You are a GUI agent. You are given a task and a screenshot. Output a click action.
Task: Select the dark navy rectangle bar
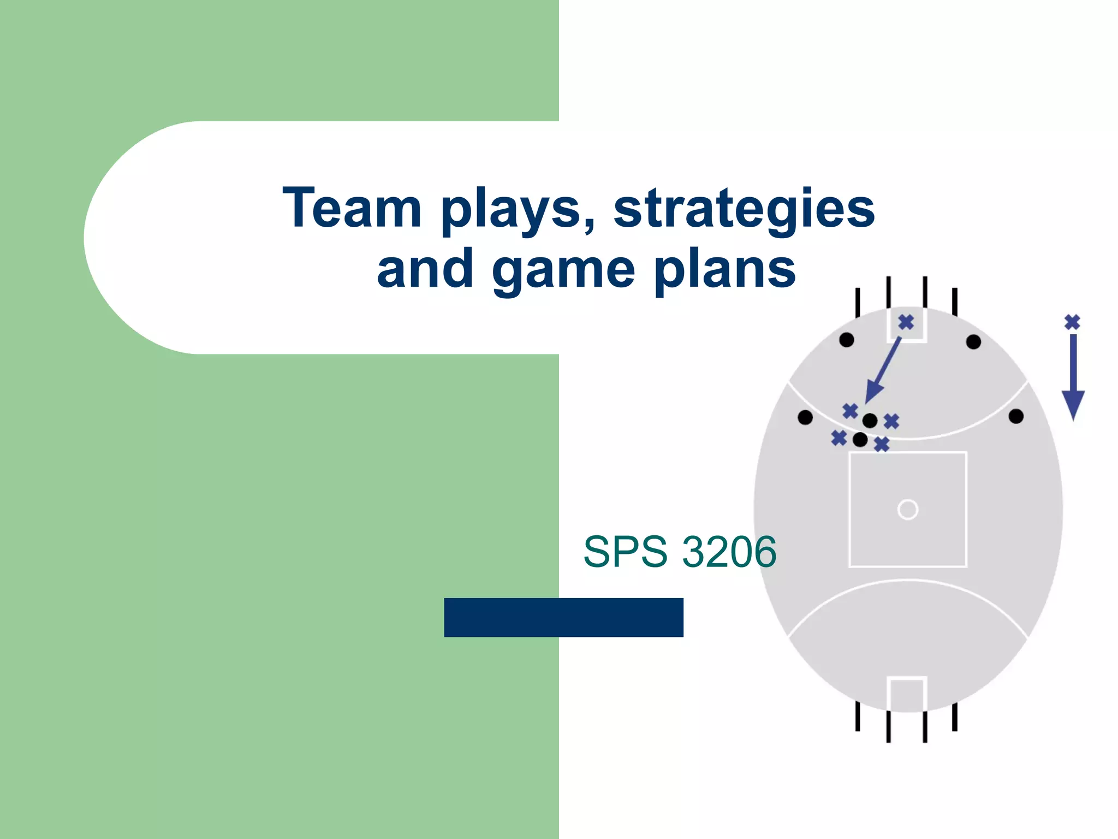pos(563,617)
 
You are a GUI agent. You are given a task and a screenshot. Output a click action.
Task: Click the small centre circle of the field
pos(907,510)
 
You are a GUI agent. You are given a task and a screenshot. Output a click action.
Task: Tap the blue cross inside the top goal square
pos(906,322)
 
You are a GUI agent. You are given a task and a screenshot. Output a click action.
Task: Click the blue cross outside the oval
pos(1072,322)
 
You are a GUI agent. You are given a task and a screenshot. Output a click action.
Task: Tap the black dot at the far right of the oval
pos(1016,416)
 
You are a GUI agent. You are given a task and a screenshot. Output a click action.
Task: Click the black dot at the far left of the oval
pos(805,417)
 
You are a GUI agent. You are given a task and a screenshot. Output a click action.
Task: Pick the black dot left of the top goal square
pos(847,340)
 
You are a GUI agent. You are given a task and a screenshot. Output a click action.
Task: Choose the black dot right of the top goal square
pos(973,342)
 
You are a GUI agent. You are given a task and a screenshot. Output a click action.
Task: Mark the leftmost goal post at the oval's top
pos(858,302)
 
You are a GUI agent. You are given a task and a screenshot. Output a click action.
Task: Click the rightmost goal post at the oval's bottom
pos(955,716)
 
